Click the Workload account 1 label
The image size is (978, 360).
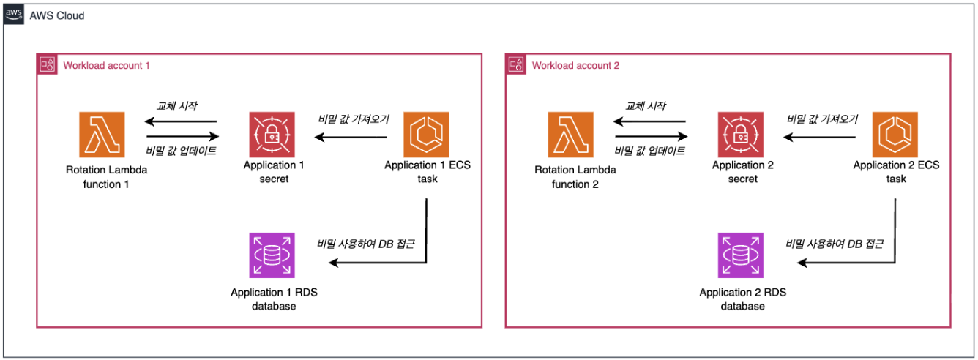point(107,66)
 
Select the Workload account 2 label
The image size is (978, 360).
point(575,66)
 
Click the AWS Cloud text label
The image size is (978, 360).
point(57,15)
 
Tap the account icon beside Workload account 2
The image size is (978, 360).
point(516,65)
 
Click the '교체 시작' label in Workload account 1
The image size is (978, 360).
point(176,107)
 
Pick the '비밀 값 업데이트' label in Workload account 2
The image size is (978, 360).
point(650,151)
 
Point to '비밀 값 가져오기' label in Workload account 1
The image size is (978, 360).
point(354,119)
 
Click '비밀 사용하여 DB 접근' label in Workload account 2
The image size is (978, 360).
point(833,244)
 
